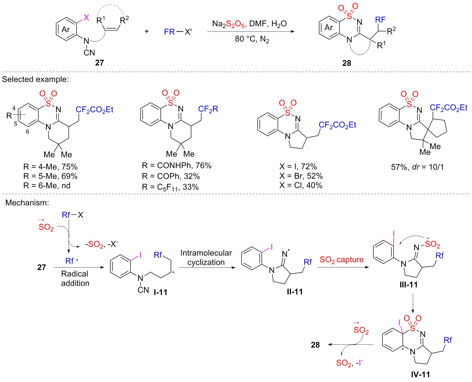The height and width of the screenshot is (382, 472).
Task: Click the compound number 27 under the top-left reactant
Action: (x=99, y=63)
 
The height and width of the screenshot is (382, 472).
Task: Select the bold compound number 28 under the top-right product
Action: (x=347, y=63)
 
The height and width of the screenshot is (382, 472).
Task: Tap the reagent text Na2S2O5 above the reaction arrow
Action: (x=229, y=24)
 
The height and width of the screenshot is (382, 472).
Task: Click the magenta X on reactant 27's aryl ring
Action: (x=86, y=17)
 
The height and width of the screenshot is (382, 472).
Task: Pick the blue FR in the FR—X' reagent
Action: (x=169, y=32)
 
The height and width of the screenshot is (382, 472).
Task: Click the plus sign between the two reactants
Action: (x=147, y=31)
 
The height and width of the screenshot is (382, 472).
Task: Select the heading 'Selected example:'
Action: (x=35, y=79)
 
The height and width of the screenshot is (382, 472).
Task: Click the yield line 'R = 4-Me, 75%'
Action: (x=51, y=167)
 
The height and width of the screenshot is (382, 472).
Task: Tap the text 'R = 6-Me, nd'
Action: (x=47, y=186)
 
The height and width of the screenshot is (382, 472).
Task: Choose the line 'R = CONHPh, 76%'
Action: (x=177, y=165)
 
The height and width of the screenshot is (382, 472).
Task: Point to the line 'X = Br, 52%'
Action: (x=301, y=176)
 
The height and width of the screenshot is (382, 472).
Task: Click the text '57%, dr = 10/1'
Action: (x=417, y=167)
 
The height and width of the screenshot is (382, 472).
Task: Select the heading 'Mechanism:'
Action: (x=27, y=202)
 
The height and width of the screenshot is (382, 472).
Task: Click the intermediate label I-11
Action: (x=160, y=292)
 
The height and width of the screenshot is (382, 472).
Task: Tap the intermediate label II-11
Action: (x=295, y=292)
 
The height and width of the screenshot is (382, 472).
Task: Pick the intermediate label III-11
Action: (x=408, y=285)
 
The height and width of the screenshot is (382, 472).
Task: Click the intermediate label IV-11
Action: (x=420, y=374)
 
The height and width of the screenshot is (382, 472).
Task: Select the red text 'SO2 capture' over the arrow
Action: (x=342, y=260)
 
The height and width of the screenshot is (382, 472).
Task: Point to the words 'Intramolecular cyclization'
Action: (x=206, y=258)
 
